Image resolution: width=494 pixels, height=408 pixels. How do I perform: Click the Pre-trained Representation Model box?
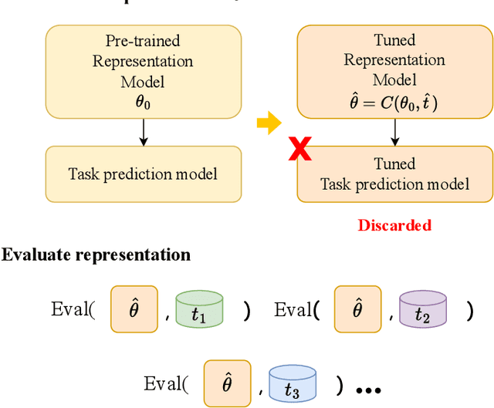point(143,71)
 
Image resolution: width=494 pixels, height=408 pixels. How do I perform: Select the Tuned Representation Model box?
point(394,71)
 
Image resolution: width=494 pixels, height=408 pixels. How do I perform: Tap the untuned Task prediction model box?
point(143,174)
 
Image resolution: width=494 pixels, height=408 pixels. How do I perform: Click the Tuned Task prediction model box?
point(394,174)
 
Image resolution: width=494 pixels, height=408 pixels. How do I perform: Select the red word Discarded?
point(394,225)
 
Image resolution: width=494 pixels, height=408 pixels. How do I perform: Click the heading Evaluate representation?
point(96,255)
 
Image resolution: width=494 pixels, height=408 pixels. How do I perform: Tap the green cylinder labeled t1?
point(199,310)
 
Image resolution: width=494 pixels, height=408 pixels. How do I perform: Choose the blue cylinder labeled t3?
point(293,383)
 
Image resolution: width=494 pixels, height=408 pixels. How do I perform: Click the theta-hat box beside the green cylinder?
point(134,309)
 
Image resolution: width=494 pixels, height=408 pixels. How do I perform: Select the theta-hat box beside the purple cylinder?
point(357,309)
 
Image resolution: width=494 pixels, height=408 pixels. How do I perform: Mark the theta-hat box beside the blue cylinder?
point(227,383)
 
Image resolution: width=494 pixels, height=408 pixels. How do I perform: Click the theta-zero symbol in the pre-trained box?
point(142,101)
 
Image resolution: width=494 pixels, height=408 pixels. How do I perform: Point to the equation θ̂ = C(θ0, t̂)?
point(394,101)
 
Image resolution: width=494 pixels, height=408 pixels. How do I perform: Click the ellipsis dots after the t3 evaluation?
point(369,388)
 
